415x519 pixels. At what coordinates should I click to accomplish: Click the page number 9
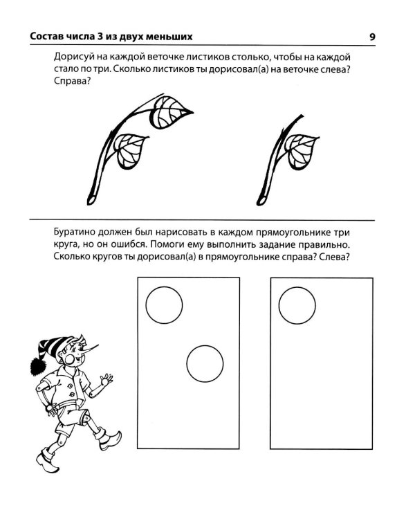click(x=372, y=37)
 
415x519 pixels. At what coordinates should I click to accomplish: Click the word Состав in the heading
click(x=44, y=37)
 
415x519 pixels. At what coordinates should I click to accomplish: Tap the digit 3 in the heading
click(x=100, y=37)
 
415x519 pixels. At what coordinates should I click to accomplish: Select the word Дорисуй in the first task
click(x=75, y=57)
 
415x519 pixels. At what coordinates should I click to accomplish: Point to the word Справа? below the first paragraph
click(x=72, y=82)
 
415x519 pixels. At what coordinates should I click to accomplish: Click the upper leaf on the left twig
click(x=170, y=113)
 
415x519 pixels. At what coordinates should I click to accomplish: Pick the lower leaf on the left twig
click(x=129, y=151)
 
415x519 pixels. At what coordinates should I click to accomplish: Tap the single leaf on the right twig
click(x=300, y=152)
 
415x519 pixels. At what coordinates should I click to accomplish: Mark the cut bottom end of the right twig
click(x=261, y=201)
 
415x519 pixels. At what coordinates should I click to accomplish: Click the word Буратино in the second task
click(x=75, y=233)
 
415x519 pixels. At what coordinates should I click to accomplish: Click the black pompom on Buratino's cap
click(x=39, y=366)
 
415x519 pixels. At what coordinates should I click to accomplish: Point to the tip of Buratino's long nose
click(x=98, y=345)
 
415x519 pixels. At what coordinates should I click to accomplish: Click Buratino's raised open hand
click(x=107, y=379)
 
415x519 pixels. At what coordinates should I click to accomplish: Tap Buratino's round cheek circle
click(x=71, y=358)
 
